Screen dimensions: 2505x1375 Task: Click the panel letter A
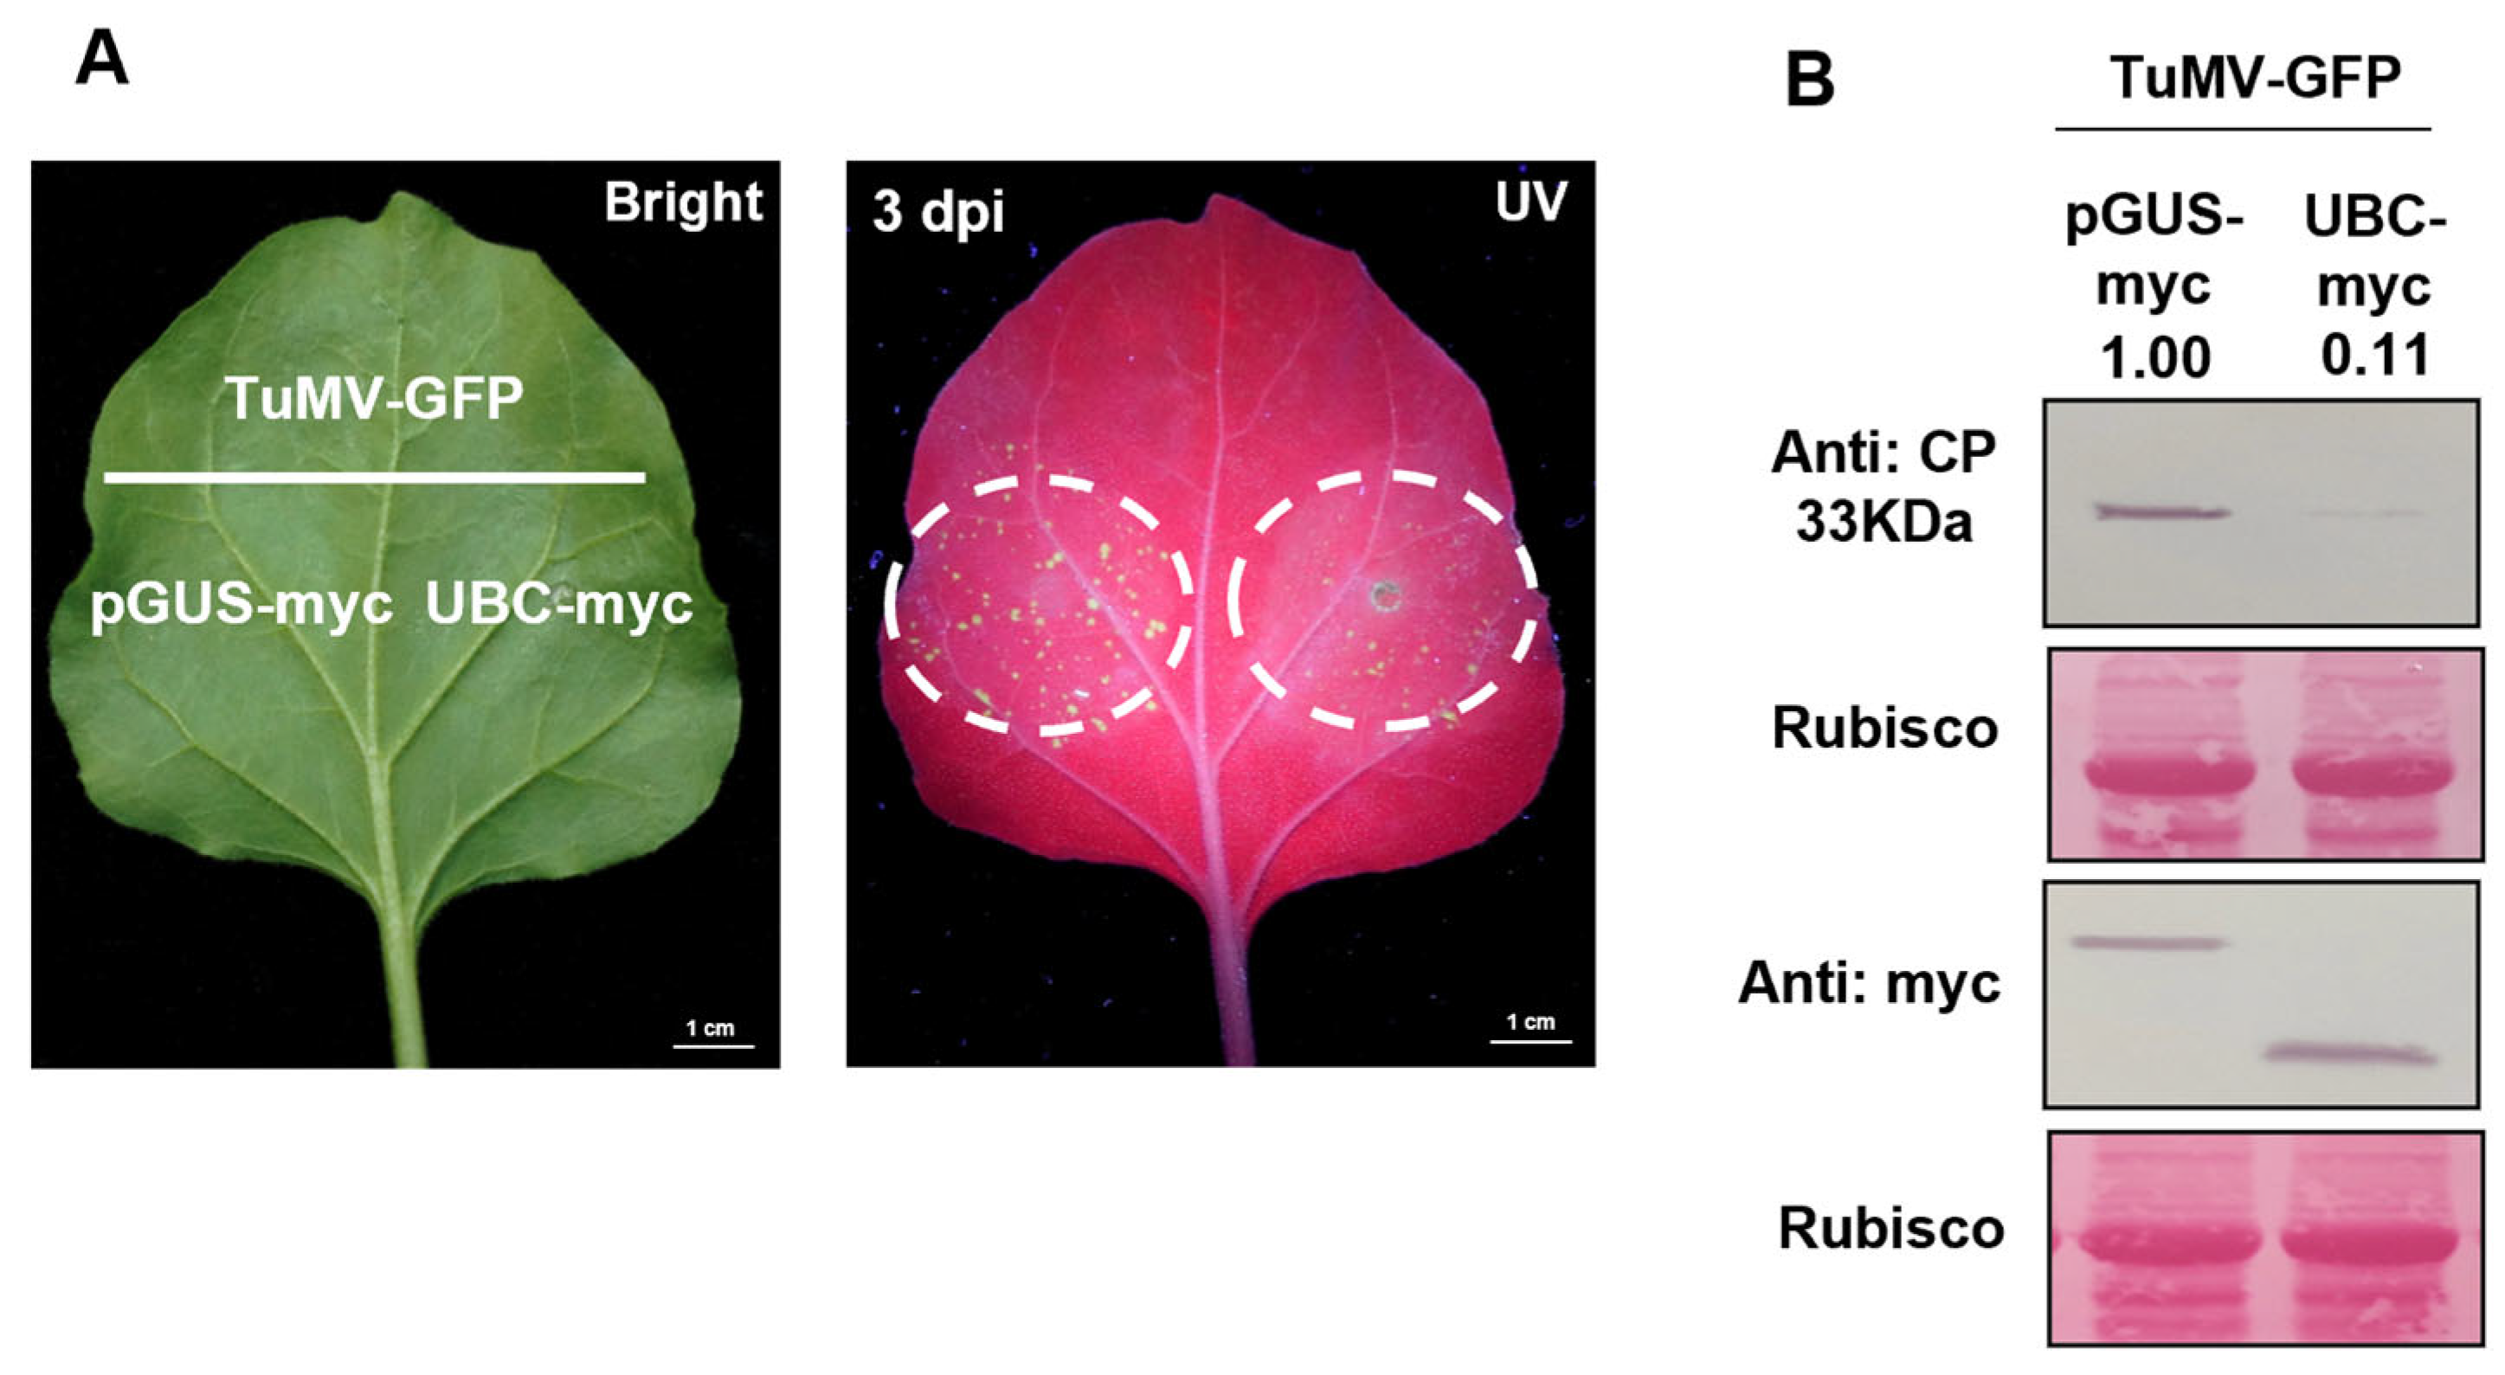tap(101, 60)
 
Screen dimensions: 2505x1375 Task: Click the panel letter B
tap(1811, 80)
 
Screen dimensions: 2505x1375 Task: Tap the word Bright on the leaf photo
tap(683, 202)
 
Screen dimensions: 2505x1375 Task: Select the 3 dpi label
tap(937, 213)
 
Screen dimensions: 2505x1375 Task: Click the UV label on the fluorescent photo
tap(1530, 202)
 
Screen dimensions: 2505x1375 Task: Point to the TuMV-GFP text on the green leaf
tap(375, 398)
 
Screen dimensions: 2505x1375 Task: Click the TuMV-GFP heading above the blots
tap(2255, 79)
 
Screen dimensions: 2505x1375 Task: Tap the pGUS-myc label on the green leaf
tap(241, 605)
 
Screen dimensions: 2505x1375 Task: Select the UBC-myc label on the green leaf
tap(559, 605)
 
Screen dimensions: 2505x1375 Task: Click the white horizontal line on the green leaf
tap(375, 478)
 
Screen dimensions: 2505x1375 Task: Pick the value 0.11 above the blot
tap(2374, 356)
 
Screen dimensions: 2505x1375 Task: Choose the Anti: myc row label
tap(1869, 983)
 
